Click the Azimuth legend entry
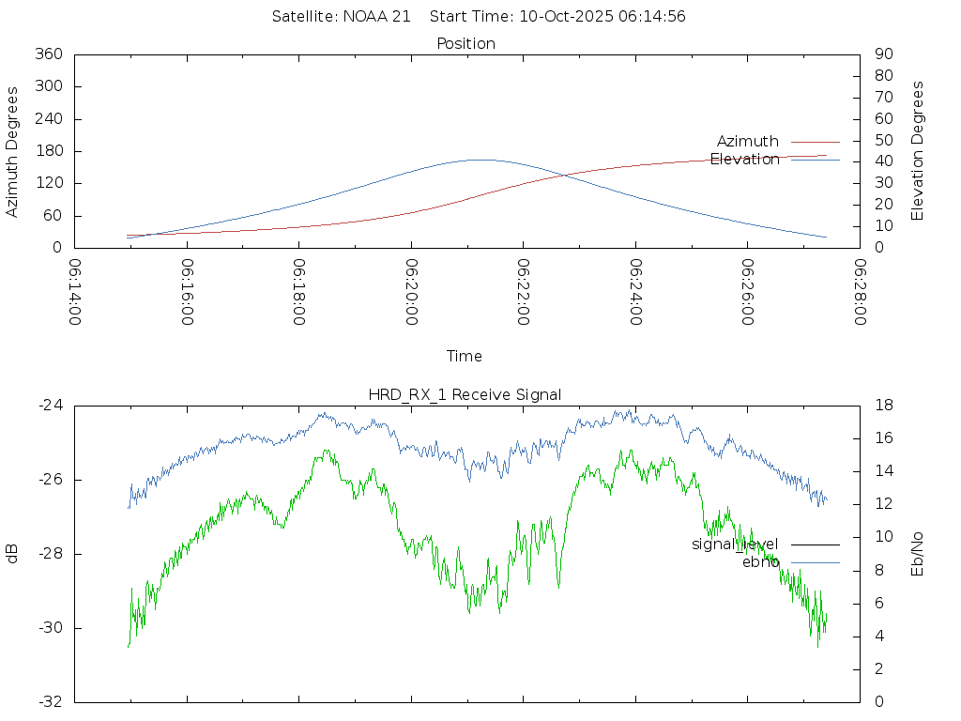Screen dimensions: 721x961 748,142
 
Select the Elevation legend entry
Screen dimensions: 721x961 745,160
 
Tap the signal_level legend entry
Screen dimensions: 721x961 735,545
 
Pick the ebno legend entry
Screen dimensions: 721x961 760,562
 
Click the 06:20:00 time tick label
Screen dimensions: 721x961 412,293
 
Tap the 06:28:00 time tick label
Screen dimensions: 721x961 860,293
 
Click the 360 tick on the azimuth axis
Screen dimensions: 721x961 48,54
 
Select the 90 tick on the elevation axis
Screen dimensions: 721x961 882,54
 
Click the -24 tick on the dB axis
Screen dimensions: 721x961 50,406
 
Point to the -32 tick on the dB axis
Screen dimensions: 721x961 50,702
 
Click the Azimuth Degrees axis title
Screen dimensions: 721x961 13,151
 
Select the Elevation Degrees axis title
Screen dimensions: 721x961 918,151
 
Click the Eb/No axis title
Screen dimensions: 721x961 918,554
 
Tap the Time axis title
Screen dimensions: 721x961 465,357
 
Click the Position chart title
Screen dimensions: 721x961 466,43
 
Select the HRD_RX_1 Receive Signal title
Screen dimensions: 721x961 466,394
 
